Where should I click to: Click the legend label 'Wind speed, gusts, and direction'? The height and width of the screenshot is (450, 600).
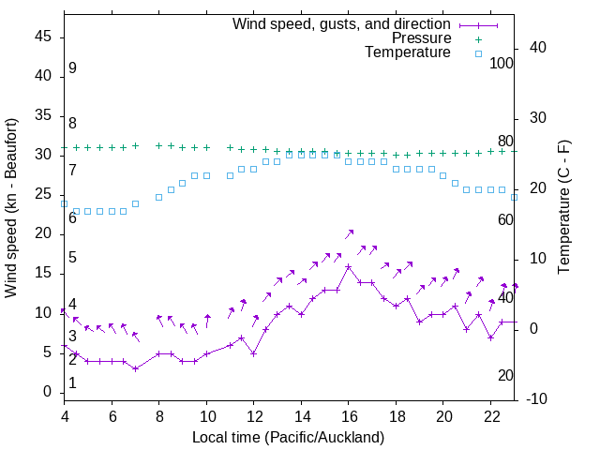pyautogui.click(x=341, y=23)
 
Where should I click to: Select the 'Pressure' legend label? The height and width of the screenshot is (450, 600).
pyautogui.click(x=422, y=38)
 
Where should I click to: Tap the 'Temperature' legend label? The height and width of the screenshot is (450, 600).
pyautogui.click(x=408, y=52)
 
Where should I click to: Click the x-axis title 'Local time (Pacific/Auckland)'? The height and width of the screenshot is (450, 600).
pyautogui.click(x=288, y=438)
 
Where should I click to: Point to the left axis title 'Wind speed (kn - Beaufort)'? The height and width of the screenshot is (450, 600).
pyautogui.click(x=11, y=208)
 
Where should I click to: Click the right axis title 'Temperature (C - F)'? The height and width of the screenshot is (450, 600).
pyautogui.click(x=564, y=208)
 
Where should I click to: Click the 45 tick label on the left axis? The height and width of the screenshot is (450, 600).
pyautogui.click(x=43, y=37)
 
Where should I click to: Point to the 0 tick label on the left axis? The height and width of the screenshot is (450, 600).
pyautogui.click(x=47, y=392)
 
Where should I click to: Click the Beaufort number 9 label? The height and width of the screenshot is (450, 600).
pyautogui.click(x=72, y=68)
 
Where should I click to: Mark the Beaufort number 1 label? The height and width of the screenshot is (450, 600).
pyautogui.click(x=72, y=383)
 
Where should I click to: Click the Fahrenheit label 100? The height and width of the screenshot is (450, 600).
pyautogui.click(x=502, y=64)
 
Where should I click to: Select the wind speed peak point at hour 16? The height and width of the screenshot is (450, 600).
pyautogui.click(x=348, y=266)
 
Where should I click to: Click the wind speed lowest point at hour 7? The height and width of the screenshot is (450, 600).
pyautogui.click(x=135, y=368)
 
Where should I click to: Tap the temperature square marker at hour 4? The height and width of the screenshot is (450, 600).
pyautogui.click(x=65, y=203)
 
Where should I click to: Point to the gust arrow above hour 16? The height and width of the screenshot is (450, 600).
pyautogui.click(x=350, y=232)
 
